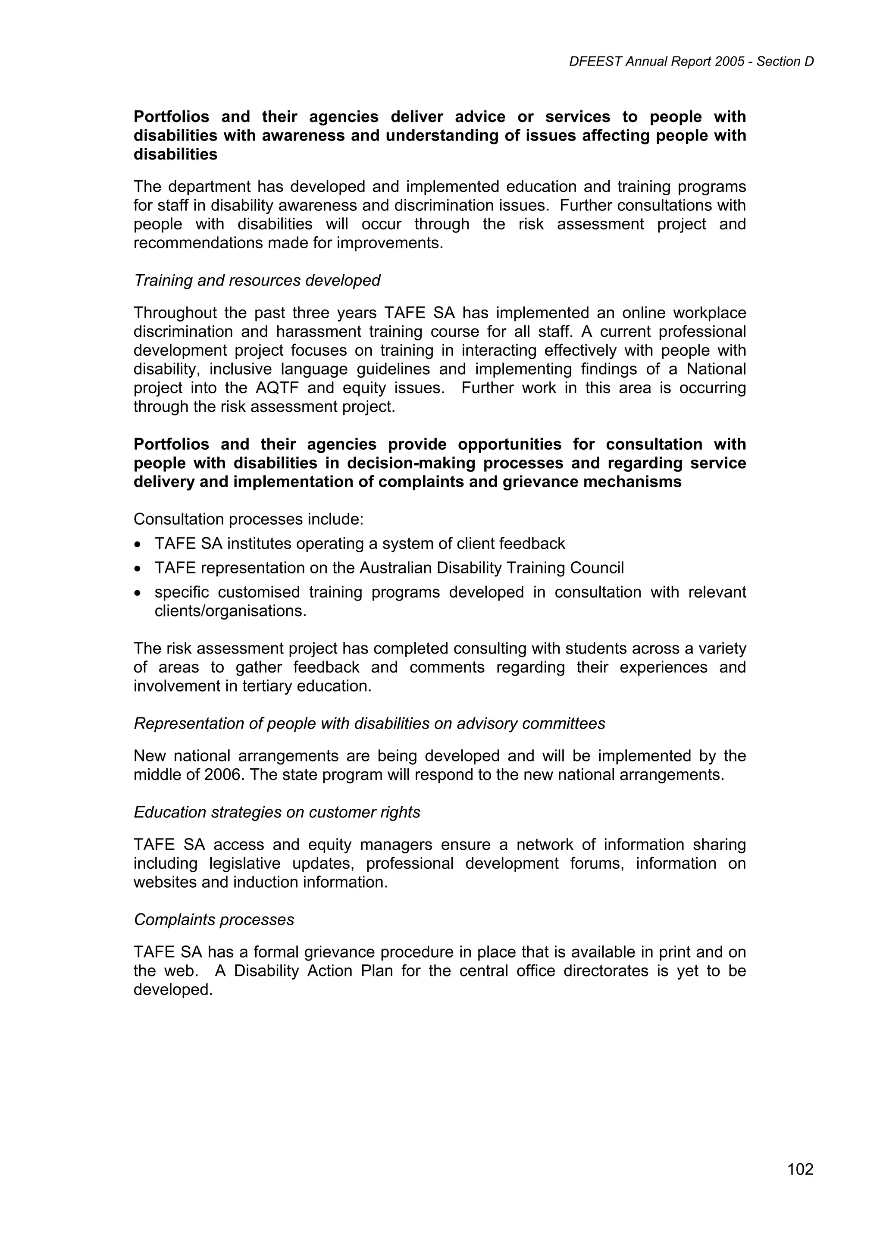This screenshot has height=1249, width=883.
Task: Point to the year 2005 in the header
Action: pos(730,62)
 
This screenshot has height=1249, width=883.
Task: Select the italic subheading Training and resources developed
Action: pos(257,281)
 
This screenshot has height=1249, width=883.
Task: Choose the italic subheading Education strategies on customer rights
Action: pos(277,812)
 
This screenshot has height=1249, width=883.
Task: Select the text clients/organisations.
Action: pos(231,611)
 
